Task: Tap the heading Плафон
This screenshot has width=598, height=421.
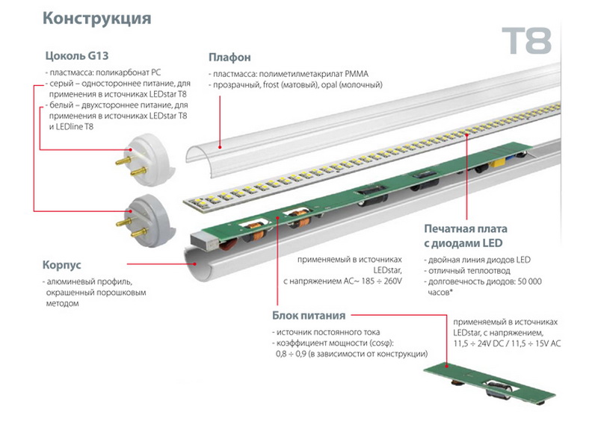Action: (229, 57)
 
